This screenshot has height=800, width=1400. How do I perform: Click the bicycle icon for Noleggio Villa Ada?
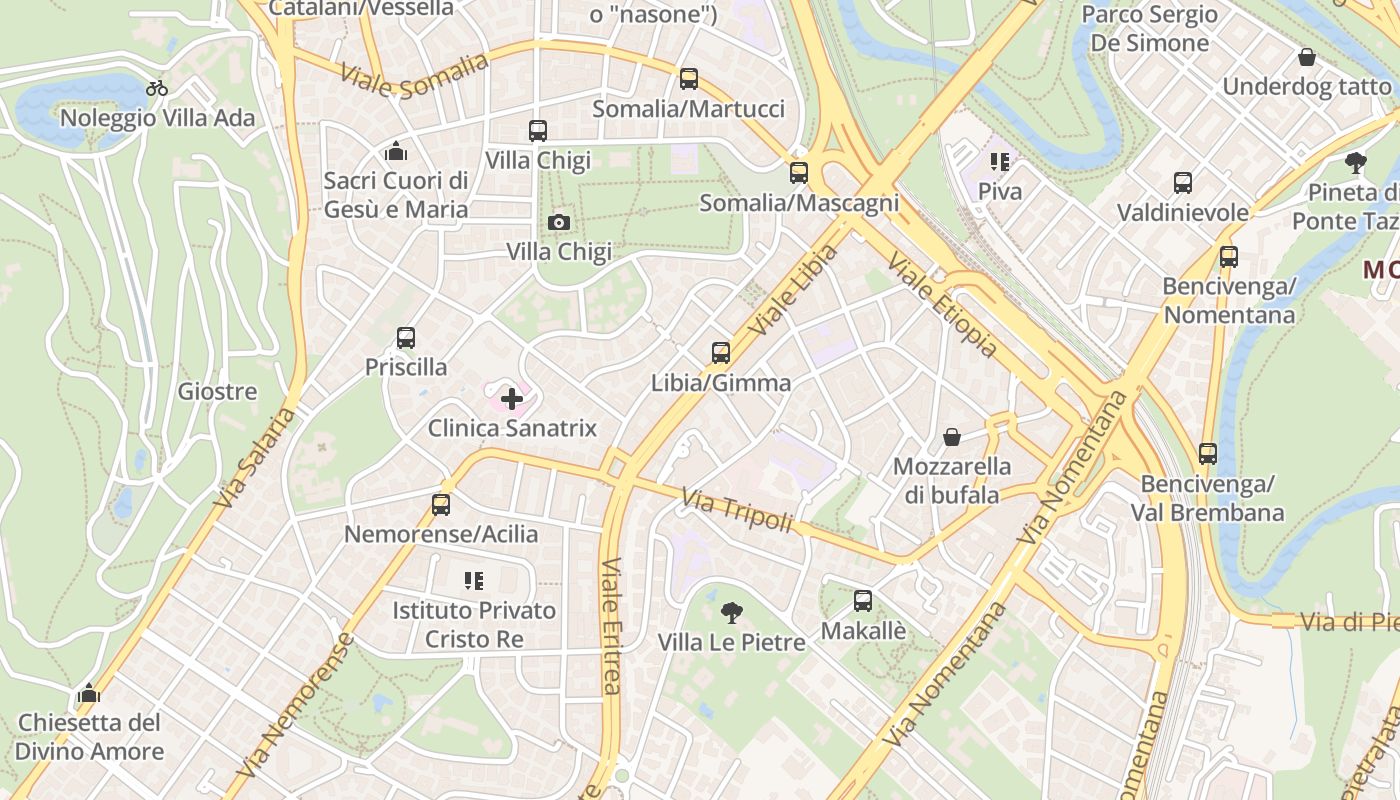coord(157,87)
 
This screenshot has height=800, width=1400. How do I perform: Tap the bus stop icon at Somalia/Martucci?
coord(688,79)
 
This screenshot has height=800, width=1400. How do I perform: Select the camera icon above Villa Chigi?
coord(559,222)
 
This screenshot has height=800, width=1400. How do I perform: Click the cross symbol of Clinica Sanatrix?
coord(512,400)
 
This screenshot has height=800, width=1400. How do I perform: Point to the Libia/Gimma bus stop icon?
coord(721,353)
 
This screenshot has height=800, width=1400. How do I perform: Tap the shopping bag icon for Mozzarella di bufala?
coord(952,437)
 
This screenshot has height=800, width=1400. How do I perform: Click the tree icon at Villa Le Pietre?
coord(732,613)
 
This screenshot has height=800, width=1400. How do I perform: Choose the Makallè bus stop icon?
coord(863,601)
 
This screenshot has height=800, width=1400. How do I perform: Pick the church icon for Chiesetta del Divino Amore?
coord(89,693)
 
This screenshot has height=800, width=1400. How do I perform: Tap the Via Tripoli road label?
coord(737,510)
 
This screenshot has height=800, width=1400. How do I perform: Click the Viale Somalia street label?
coord(414,76)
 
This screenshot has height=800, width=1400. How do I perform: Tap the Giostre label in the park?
coord(217,391)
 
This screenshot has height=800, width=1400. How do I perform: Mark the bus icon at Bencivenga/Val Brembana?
coord(1208,454)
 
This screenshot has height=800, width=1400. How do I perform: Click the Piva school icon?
coord(1000,161)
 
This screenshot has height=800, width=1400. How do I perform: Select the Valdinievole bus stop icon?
coord(1183,183)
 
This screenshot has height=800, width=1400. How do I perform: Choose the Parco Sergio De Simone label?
coord(1150,29)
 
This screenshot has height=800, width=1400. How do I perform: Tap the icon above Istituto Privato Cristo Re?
coord(474,581)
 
